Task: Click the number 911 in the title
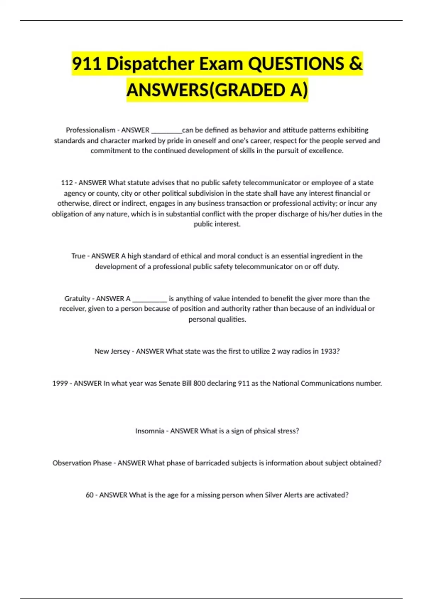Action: [87, 64]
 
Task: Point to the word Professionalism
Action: [91, 130]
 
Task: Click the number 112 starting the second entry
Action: [67, 183]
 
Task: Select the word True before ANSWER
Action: [78, 256]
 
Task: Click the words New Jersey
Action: [112, 351]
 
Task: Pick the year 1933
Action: [330, 351]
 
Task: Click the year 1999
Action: [60, 383]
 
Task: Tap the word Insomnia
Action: [150, 431]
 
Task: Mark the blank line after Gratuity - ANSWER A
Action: [149, 300]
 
